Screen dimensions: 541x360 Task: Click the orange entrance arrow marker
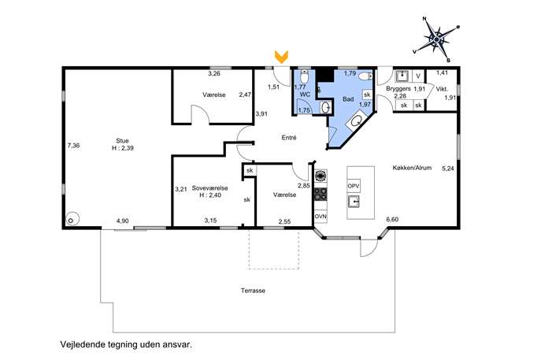281,57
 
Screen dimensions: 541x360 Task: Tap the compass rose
436,39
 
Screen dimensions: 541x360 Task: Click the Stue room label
123,140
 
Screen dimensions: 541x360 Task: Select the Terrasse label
253,291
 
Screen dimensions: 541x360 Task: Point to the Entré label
289,137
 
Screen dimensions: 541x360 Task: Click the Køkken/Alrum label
412,168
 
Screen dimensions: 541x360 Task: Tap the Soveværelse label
209,188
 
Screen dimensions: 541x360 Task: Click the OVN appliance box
321,217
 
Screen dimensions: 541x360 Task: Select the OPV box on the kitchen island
354,186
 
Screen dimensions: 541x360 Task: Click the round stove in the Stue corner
72,220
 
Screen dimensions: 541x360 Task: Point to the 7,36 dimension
73,145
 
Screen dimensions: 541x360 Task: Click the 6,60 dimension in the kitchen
392,219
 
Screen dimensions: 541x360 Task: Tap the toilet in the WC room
304,76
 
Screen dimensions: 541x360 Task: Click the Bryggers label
398,89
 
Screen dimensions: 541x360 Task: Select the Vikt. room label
442,89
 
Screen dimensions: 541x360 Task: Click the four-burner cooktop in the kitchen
321,194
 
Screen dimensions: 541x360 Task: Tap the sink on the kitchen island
354,202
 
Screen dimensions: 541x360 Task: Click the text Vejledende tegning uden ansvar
126,344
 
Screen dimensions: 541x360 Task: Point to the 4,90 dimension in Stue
123,221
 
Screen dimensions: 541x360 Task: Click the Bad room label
348,99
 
